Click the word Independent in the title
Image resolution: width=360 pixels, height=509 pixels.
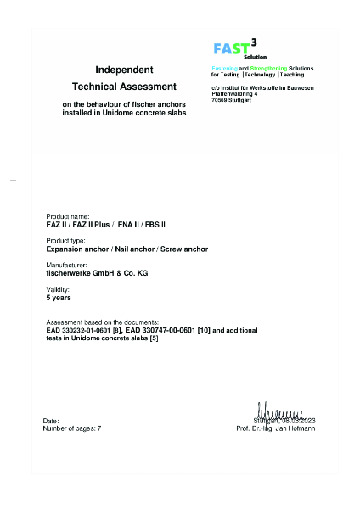point(124,69)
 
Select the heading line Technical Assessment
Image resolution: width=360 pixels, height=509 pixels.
point(124,87)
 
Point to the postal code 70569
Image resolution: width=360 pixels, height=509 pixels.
point(221,99)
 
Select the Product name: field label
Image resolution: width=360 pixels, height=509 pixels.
point(67,217)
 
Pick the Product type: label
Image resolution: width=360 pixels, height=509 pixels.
point(65,242)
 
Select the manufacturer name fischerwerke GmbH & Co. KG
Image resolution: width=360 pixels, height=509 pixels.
point(96,273)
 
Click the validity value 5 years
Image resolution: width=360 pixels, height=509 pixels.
point(59,298)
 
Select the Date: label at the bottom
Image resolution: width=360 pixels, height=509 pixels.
point(51,421)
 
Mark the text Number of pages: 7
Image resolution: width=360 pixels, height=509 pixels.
point(71,428)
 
